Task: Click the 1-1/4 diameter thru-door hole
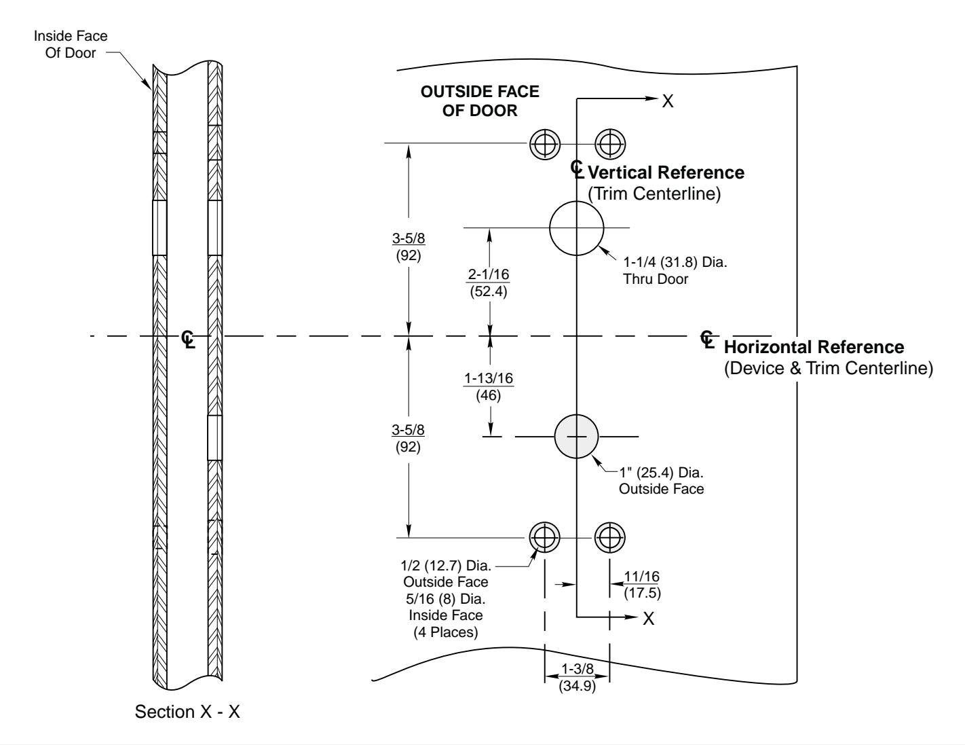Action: point(576,228)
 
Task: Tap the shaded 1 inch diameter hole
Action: point(576,436)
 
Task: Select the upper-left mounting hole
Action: point(544,143)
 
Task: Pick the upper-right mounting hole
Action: point(610,143)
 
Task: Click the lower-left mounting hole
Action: point(544,537)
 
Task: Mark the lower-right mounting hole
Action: point(610,537)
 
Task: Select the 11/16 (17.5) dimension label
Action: point(642,583)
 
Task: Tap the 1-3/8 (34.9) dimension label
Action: point(576,676)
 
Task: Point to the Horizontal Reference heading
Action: point(814,347)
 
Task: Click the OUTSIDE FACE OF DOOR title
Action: point(480,102)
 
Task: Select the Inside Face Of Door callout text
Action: point(71,43)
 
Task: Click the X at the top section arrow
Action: point(668,101)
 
